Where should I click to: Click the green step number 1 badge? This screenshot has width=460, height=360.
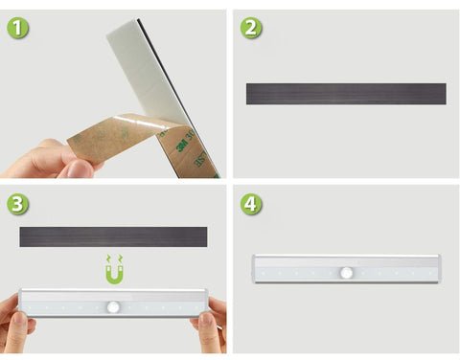coord(18,28)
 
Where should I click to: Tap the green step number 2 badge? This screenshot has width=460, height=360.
coord(251,28)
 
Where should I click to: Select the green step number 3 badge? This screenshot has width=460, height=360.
coord(18,204)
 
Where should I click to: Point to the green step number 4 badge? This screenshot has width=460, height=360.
coord(251,204)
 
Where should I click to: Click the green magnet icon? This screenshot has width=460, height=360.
coord(114,269)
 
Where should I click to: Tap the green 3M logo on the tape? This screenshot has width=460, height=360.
coord(183,146)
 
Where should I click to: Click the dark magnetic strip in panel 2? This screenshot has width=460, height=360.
coord(346,94)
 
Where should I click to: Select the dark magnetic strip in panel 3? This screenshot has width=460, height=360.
coord(113,236)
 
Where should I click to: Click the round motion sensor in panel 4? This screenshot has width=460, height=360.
coord(346,273)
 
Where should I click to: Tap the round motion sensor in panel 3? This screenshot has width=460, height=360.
coord(113,307)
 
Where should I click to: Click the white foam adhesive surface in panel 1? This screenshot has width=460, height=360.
coord(146,69)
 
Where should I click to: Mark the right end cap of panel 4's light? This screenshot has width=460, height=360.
coord(440,269)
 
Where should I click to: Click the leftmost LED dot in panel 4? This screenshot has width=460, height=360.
coord(263,274)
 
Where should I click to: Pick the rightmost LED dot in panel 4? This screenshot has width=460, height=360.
coord(429,274)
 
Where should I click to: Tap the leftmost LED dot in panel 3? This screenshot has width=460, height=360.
coord(30,308)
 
